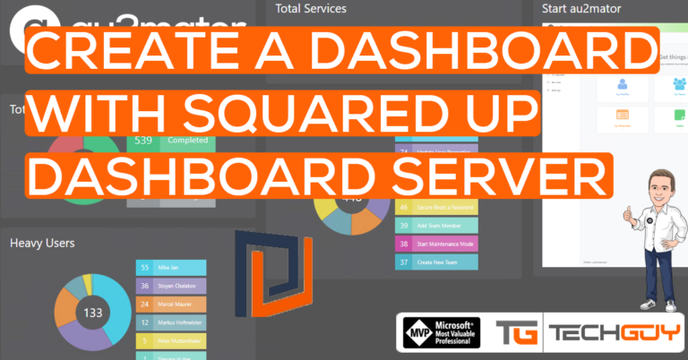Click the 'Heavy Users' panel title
click(42, 243)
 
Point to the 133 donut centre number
click(92, 313)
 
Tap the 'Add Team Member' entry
click(436, 225)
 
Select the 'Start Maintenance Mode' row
click(436, 244)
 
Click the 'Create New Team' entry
click(436, 262)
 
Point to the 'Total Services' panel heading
click(313, 9)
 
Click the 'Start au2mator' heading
click(582, 9)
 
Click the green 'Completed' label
click(187, 141)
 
